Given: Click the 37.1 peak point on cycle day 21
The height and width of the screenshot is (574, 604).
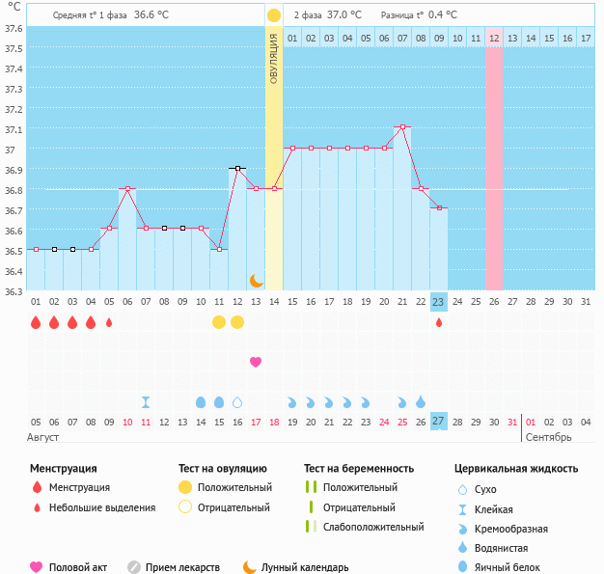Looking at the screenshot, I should (402, 126).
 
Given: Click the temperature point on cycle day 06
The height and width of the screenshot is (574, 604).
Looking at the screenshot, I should (127, 188).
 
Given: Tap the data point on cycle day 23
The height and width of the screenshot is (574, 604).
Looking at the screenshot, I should (439, 207).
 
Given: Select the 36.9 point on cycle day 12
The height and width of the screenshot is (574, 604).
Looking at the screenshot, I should (237, 168).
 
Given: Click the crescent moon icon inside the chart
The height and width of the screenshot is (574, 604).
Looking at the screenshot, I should (256, 280).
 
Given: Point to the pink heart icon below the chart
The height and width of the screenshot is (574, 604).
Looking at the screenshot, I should (256, 362).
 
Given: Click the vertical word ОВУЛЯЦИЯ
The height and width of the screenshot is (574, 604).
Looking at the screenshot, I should (274, 58).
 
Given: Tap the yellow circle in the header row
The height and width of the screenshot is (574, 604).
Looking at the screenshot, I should (274, 15).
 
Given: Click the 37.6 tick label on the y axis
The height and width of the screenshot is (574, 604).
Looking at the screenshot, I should (14, 28).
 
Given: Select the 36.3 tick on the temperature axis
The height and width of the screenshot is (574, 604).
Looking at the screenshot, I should (14, 291).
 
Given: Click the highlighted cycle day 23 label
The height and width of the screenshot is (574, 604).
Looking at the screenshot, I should (439, 302).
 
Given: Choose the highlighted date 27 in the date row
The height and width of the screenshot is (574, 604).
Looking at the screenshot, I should (439, 422).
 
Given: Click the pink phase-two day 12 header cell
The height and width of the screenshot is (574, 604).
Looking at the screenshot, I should (494, 38).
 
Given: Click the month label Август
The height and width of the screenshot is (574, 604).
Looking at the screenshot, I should (44, 437).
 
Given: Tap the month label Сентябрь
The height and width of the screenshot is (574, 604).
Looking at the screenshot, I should (547, 437).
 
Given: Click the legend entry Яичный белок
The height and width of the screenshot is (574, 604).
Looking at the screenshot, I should (515, 567).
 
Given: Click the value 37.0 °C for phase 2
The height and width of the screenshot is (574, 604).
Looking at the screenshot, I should (344, 15).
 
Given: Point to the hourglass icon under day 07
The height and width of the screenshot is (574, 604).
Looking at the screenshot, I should (146, 401).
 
